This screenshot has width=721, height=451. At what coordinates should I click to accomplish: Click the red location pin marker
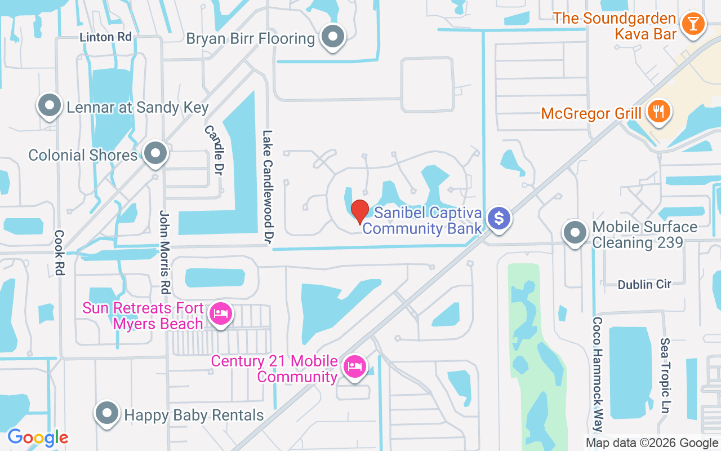coord(360,211)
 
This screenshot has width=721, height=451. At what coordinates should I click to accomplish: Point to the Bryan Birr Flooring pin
coord(332,37)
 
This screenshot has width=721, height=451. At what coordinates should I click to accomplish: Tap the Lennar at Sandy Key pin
coord(50,105)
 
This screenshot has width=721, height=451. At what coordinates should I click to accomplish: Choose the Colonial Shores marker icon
coord(155,153)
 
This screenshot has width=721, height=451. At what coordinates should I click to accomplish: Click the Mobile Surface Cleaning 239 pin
coord(575,232)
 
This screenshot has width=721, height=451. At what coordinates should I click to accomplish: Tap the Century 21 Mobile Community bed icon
coord(354,367)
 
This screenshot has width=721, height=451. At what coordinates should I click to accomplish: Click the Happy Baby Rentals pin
coord(106,414)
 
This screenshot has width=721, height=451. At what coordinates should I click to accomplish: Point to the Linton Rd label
coord(105,37)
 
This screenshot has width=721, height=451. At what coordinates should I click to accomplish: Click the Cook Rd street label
coord(60,252)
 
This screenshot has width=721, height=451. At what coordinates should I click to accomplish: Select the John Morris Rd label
coord(164,252)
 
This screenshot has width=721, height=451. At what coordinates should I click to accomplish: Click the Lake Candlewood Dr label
coord(268,188)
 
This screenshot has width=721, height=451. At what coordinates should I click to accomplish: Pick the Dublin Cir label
coord(644,285)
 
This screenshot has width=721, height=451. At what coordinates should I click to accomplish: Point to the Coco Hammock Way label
coord(597,373)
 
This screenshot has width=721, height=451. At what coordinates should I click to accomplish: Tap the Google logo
coord(38,437)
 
